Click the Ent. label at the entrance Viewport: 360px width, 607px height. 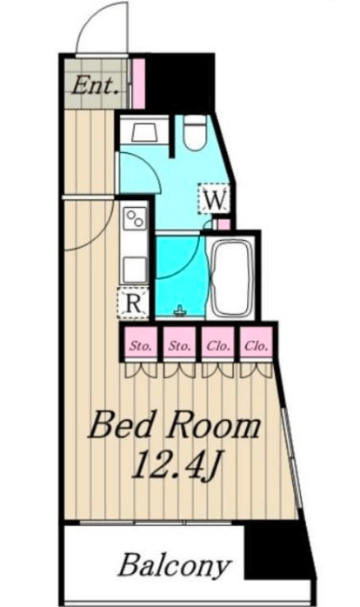pyautogui.click(x=96, y=85)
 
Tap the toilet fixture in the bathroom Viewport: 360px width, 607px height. pyautogui.click(x=194, y=133)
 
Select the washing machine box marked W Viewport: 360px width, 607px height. pyautogui.click(x=214, y=198)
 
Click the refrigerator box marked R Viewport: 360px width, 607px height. pyautogui.click(x=134, y=303)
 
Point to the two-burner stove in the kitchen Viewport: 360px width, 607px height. pyautogui.click(x=135, y=219)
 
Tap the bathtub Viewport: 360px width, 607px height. pyautogui.click(x=230, y=277)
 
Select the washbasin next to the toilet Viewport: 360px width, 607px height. pyautogui.click(x=144, y=132)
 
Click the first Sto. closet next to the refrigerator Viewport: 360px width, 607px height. pyautogui.click(x=141, y=344)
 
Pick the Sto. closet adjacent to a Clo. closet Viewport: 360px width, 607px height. pyautogui.click(x=179, y=344)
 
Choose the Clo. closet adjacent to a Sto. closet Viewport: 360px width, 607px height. pyautogui.click(x=218, y=344)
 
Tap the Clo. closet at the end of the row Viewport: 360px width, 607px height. pyautogui.click(x=256, y=344)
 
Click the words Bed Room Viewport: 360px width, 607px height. pyautogui.click(x=175, y=427)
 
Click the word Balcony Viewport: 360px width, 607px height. pyautogui.click(x=175, y=565)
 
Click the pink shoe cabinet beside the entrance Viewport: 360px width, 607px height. pyautogui.click(x=138, y=83)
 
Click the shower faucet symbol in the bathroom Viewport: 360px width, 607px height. pyautogui.click(x=179, y=310)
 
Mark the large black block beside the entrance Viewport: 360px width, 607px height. pyautogui.click(x=180, y=83)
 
